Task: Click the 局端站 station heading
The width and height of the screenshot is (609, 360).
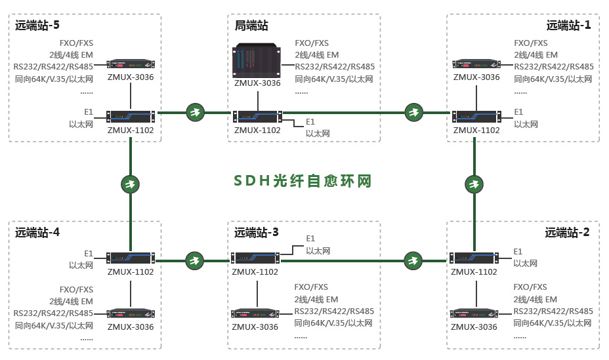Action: click(x=251, y=26)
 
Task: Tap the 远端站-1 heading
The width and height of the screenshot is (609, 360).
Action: click(x=568, y=26)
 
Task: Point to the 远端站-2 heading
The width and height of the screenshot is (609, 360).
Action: click(x=567, y=232)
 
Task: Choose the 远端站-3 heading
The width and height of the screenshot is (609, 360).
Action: click(x=257, y=232)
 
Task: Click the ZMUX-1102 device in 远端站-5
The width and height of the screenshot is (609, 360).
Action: click(x=131, y=116)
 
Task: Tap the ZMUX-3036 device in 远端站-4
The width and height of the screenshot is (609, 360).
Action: click(x=131, y=314)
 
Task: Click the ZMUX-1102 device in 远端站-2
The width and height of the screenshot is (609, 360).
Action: click(x=474, y=258)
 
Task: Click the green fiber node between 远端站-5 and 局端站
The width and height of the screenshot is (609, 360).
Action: click(x=195, y=112)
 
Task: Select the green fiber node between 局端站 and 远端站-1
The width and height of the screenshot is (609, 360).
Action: click(x=413, y=112)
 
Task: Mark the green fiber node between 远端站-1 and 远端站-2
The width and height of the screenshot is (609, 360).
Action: click(x=474, y=184)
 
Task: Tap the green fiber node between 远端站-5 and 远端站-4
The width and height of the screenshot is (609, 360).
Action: click(x=130, y=184)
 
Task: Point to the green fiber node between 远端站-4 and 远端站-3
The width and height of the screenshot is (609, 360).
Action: click(x=194, y=261)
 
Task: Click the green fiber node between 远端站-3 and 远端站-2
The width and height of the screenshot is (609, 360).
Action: click(x=413, y=261)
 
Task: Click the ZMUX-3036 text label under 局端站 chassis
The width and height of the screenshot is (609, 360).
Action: click(x=257, y=83)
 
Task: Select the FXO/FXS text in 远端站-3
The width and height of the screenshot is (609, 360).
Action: click(x=311, y=287)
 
